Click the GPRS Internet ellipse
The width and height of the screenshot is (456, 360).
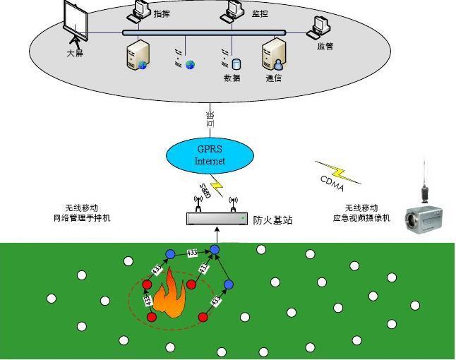[x=210, y=155]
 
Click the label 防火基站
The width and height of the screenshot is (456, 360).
[x=272, y=220]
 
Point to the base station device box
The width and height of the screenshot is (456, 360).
[x=217, y=219]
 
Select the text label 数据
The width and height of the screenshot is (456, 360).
[x=232, y=78]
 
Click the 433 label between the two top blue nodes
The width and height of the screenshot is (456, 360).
[x=192, y=252]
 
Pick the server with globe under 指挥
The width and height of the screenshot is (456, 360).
[x=136, y=56]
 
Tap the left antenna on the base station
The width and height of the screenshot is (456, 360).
[x=199, y=204]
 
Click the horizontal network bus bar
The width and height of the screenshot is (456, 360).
[x=204, y=32]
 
